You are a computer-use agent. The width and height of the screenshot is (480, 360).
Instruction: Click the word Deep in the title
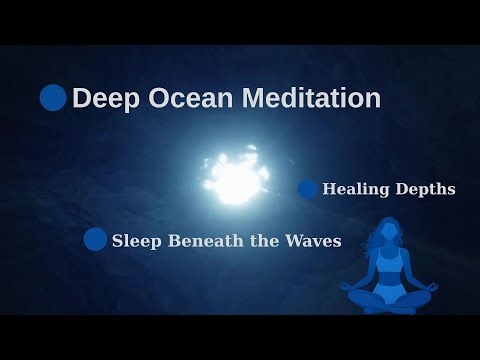[103, 99]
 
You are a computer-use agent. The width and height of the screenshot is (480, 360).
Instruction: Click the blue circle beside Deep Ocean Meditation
[53, 98]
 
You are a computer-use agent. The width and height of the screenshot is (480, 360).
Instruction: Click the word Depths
[425, 189]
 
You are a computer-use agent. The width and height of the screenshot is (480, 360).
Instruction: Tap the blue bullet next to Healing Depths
[308, 189]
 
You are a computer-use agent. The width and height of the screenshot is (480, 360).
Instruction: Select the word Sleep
[135, 240]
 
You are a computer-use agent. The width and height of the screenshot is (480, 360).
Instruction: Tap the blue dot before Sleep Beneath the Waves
[95, 239]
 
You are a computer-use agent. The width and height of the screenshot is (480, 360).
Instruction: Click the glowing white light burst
[234, 176]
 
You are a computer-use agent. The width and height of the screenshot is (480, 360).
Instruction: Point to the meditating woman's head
[385, 238]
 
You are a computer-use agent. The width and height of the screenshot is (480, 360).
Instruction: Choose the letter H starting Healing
[330, 188]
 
